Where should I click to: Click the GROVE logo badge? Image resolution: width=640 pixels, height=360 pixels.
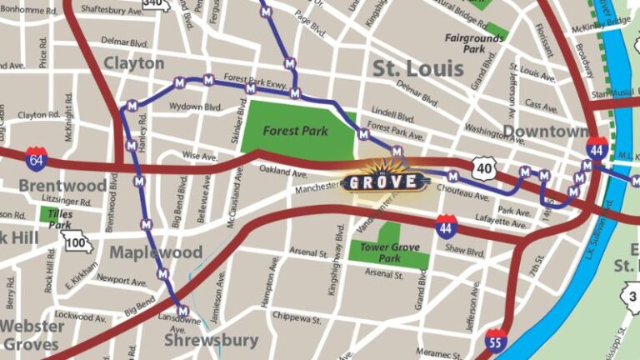point(384,181)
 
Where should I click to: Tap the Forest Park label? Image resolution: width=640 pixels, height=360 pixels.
point(295,131)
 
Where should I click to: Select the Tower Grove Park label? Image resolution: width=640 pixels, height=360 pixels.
point(379,252)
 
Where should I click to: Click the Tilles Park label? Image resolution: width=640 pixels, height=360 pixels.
point(59,219)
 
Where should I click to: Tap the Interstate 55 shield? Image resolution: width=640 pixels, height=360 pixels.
point(496,338)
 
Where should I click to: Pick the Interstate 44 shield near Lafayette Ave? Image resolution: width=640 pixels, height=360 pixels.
point(446,223)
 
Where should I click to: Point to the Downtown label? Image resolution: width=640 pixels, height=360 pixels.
point(544,132)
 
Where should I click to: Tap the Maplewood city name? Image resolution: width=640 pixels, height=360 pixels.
point(157,252)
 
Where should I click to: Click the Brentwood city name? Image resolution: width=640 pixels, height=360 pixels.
point(62,185)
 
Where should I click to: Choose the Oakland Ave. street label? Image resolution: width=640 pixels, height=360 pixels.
point(283,172)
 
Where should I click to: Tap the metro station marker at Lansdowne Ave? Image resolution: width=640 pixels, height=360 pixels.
point(183,311)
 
